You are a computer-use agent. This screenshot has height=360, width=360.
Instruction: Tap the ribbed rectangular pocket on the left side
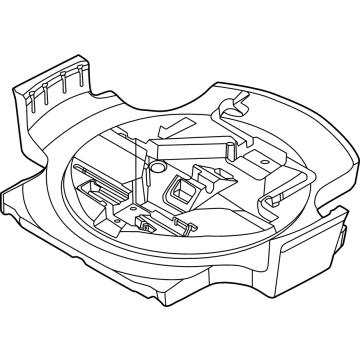click(100, 185)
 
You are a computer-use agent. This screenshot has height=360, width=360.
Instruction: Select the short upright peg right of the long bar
click(236, 150)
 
